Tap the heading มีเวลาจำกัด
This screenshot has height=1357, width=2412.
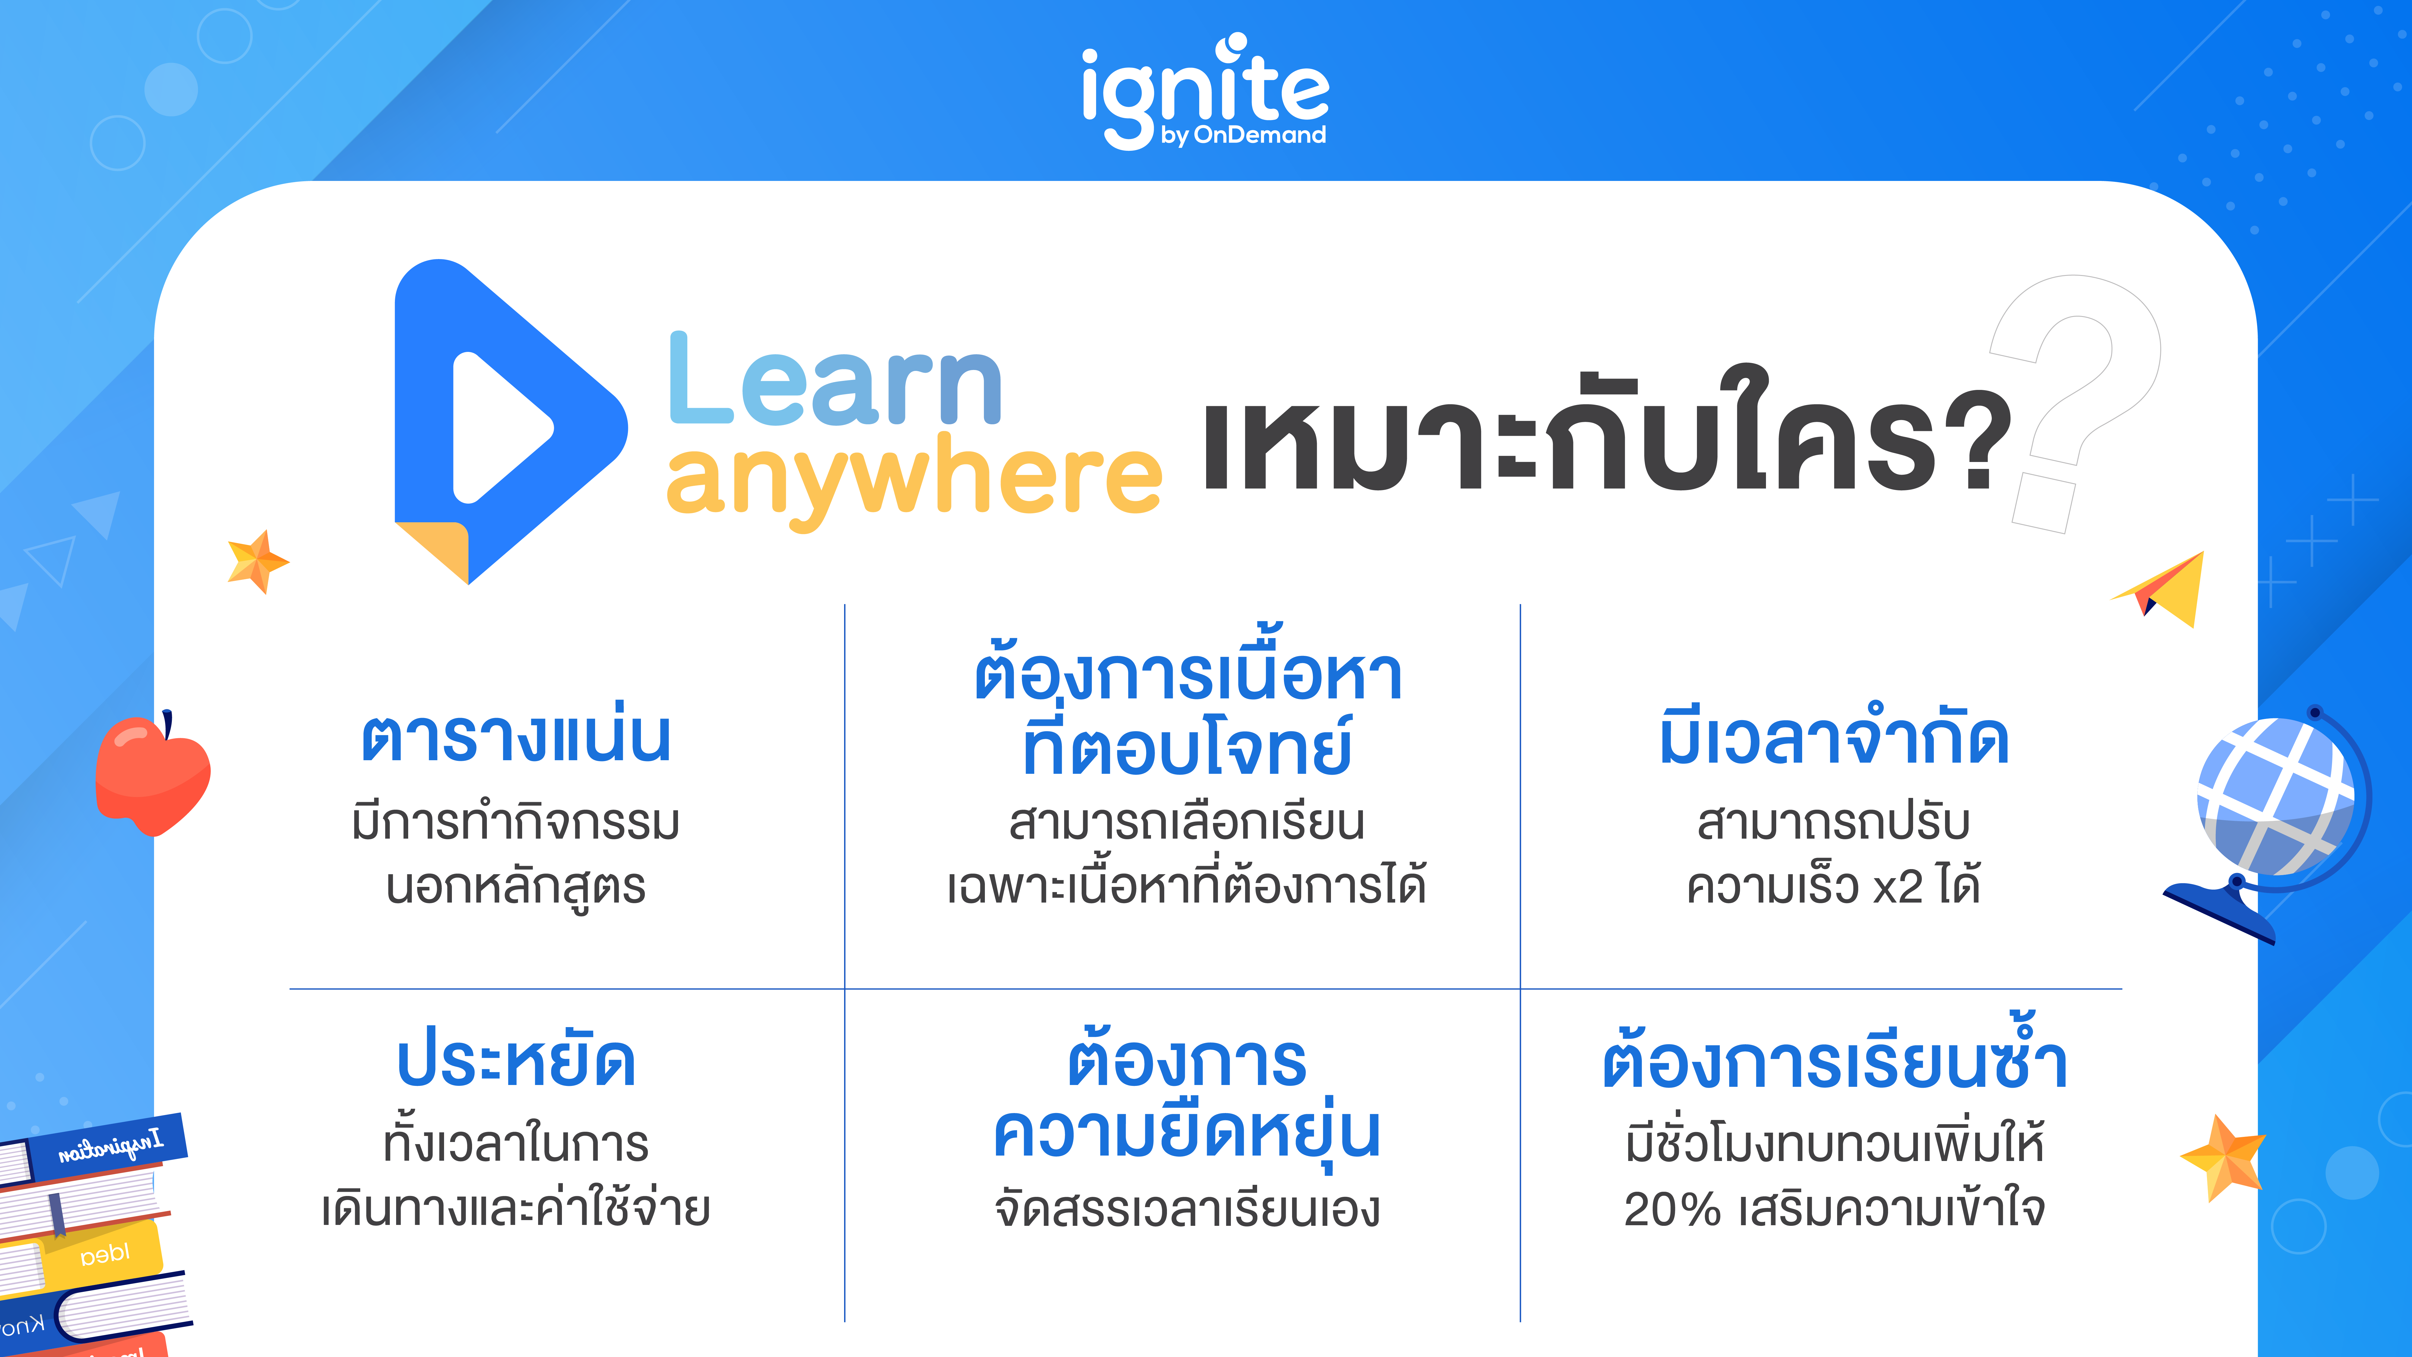coord(1833,738)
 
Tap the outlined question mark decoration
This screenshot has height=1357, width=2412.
coord(2069,393)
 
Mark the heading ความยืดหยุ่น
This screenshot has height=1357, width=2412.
coord(1186,1133)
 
